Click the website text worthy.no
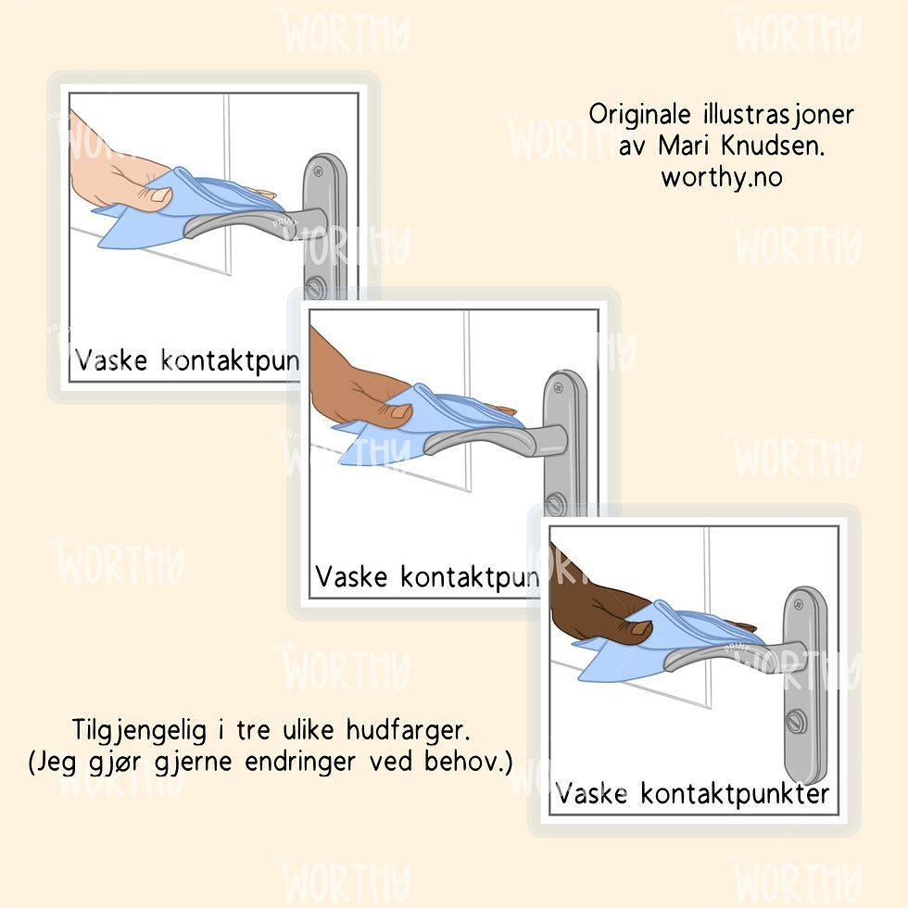point(721,177)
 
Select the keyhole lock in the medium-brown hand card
point(555,506)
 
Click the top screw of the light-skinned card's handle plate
point(318,170)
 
